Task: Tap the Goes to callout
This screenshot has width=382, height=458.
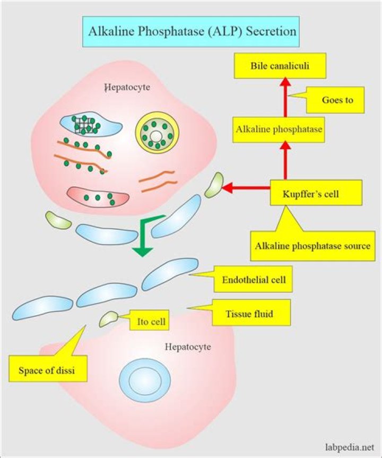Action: pyautogui.click(x=337, y=100)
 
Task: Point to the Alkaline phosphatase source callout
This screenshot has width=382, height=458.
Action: pyautogui.click(x=312, y=246)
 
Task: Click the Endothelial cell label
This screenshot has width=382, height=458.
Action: pyautogui.click(x=253, y=280)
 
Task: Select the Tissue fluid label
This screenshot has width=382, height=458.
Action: pyautogui.click(x=249, y=314)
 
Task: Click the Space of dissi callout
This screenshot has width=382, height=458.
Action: pyautogui.click(x=48, y=370)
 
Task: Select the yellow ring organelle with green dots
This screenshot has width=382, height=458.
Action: pyautogui.click(x=157, y=132)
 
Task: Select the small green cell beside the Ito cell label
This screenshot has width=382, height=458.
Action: pyautogui.click(x=109, y=319)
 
